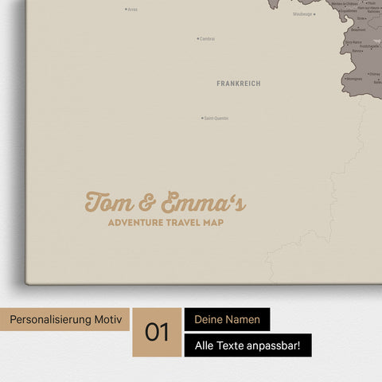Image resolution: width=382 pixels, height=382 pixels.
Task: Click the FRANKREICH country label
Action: pyautogui.click(x=238, y=83)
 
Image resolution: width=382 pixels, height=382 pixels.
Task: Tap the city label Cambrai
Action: pyautogui.click(x=207, y=38)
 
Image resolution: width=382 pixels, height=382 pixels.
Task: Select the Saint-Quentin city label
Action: pyautogui.click(x=216, y=119)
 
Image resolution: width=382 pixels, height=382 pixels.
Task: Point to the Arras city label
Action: pyautogui.click(x=132, y=10)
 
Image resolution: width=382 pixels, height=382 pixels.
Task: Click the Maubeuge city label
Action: pyautogui.click(x=302, y=14)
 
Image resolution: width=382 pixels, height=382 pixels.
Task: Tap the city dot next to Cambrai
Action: pyautogui.click(x=197, y=38)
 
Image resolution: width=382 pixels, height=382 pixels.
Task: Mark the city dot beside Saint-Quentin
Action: pyautogui.click(x=202, y=119)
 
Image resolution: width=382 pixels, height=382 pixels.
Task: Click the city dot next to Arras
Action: pyautogui.click(x=126, y=10)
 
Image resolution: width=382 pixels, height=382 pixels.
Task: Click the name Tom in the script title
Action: pyautogui.click(x=110, y=203)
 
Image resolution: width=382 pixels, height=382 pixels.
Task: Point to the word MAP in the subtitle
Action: pyautogui.click(x=213, y=223)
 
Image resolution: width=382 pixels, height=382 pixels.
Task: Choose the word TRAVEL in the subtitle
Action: pyautogui.click(x=184, y=223)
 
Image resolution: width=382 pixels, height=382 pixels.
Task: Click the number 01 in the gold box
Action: pyautogui.click(x=157, y=332)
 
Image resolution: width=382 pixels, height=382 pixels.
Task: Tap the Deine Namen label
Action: pyautogui.click(x=227, y=319)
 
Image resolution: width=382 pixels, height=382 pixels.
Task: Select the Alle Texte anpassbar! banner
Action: pyautogui.click(x=248, y=345)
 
